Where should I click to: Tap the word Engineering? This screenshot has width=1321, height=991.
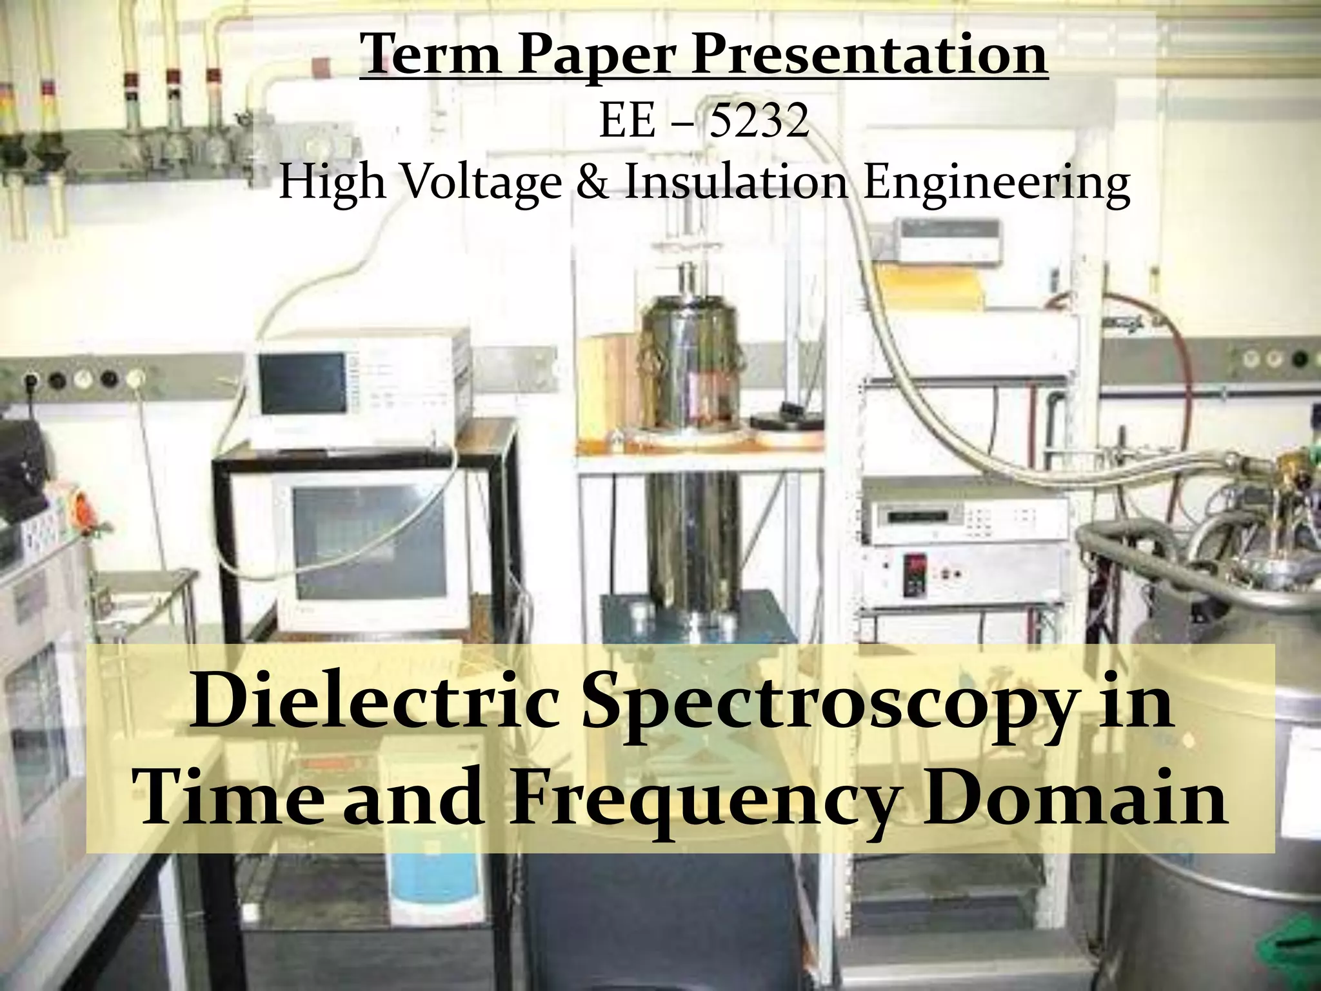(x=997, y=183)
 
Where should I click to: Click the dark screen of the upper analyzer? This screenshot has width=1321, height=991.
(x=303, y=384)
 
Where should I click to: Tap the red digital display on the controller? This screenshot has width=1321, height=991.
(x=915, y=566)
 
